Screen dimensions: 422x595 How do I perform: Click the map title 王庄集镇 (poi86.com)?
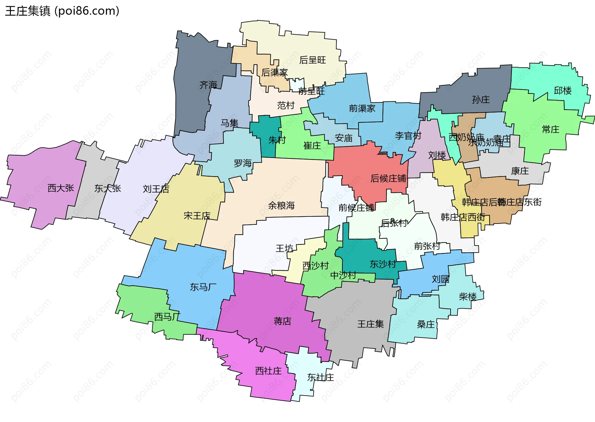[x=62, y=11]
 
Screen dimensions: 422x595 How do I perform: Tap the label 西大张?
[x=61, y=188]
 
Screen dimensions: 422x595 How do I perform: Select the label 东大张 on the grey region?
[x=108, y=188]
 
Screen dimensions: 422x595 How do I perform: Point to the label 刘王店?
[x=156, y=189]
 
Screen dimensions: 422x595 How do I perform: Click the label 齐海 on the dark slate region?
[x=208, y=85]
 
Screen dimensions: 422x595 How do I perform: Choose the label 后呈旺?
[x=312, y=60]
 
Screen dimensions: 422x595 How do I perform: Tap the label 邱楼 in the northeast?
[x=562, y=91]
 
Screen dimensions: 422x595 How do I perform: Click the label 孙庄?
[x=481, y=100]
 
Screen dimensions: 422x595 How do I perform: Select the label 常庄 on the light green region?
[x=550, y=129]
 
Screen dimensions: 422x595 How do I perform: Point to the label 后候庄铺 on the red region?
[x=388, y=178]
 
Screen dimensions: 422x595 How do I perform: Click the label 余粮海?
[x=281, y=205]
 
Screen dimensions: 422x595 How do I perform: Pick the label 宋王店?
[x=197, y=215]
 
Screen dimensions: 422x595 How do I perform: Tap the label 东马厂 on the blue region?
[x=203, y=287]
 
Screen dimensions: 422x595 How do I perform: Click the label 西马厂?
[x=167, y=317]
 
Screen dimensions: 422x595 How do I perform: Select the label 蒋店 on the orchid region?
[x=282, y=321]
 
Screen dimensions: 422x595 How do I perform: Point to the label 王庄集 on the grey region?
[x=370, y=324]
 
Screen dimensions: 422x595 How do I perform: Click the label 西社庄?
[x=268, y=371]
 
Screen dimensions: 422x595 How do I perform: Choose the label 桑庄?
[x=425, y=324]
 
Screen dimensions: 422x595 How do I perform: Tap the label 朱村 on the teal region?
[x=277, y=140]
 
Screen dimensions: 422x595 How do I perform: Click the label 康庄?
[x=520, y=171]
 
